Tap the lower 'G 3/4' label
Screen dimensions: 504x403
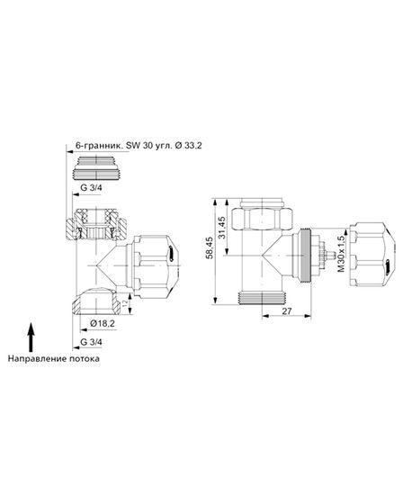click(x=92, y=343)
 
